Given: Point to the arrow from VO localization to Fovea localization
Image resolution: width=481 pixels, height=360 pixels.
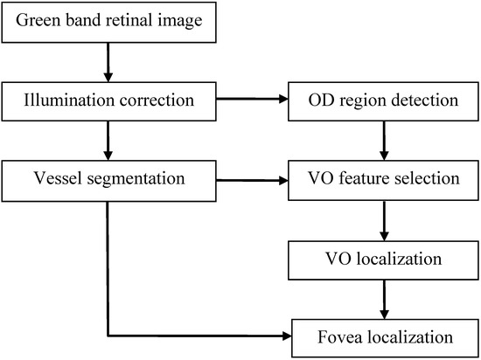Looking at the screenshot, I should click(382, 298).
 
